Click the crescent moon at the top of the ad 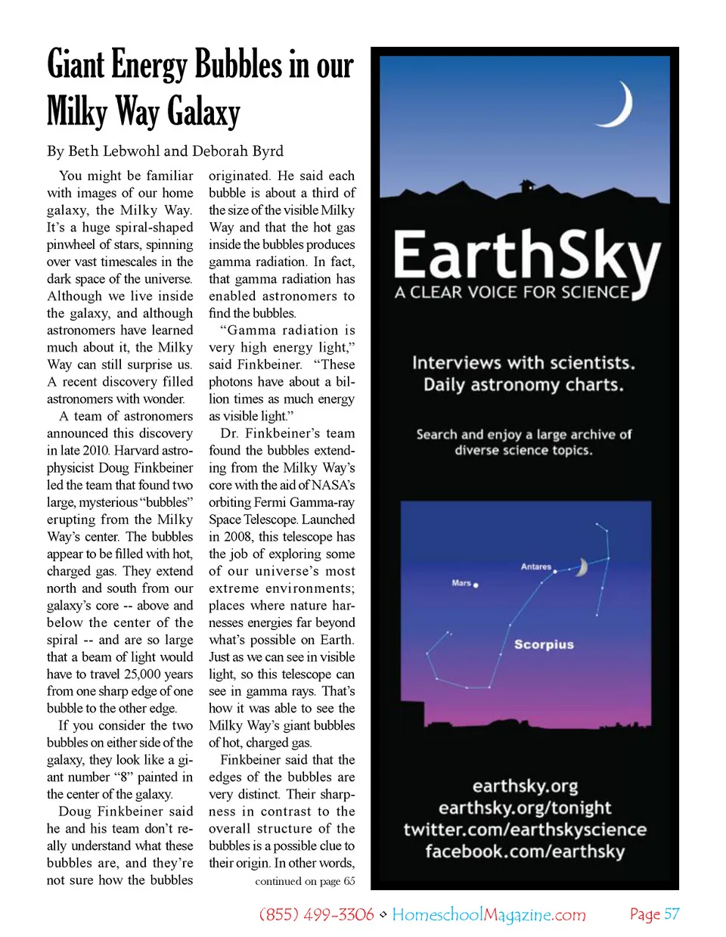coord(619,107)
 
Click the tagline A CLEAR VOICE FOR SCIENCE coord(511,293)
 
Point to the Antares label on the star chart coord(535,566)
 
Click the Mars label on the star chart coord(461,583)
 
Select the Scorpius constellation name coord(544,644)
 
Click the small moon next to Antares coord(582,567)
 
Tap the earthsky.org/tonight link coord(525,808)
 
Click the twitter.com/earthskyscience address coord(525,830)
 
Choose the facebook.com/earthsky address coord(525,852)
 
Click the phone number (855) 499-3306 coord(316,914)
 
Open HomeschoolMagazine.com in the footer coord(489,914)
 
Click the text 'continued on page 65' coord(305,881)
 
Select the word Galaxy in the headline coord(203,112)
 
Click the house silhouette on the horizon coord(526,185)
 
